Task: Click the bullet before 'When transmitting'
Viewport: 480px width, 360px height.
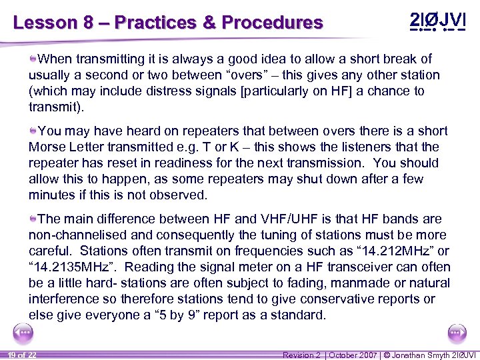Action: [33, 59]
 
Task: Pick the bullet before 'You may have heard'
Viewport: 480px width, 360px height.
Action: [33, 131]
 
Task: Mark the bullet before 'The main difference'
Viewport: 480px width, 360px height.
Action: [33, 219]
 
